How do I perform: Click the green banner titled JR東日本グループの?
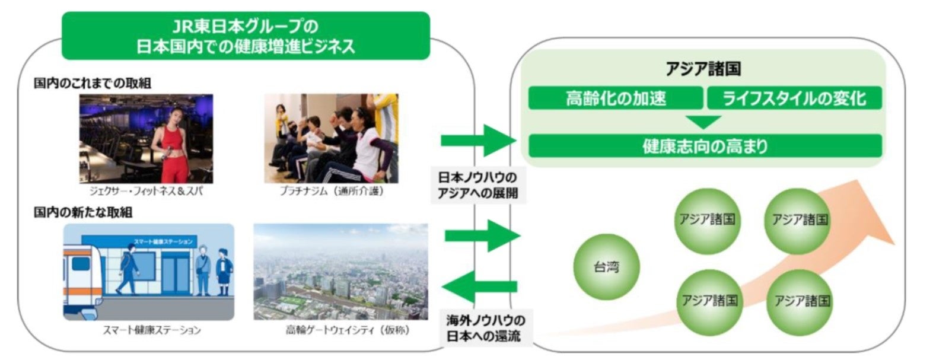[246, 36]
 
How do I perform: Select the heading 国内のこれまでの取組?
[93, 84]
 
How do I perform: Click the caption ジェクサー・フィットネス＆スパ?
[146, 192]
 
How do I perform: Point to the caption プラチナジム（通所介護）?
[332, 192]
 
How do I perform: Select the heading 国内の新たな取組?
[83, 212]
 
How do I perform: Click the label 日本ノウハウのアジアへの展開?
[477, 185]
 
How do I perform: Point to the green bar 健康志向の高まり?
[705, 146]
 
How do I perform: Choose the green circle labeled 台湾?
[606, 267]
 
